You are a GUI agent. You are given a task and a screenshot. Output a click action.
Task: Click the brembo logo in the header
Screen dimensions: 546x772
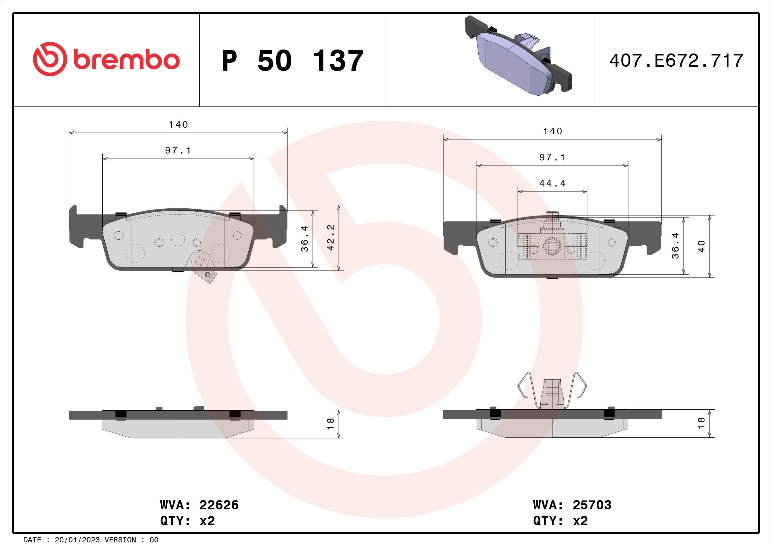point(106,59)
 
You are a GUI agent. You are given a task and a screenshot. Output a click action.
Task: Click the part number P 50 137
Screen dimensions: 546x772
point(292,61)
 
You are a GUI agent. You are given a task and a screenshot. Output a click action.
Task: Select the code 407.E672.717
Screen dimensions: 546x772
point(676,61)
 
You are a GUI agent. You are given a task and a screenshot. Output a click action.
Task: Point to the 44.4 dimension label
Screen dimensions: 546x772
point(553,184)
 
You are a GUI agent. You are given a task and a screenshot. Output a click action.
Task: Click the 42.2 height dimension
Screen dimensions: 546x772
point(331,237)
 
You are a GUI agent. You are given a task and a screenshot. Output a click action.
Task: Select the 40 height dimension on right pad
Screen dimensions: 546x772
point(701,247)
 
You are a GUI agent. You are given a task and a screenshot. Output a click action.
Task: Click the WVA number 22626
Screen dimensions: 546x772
point(219,505)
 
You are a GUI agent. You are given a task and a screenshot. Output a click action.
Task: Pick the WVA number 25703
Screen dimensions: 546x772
point(592,505)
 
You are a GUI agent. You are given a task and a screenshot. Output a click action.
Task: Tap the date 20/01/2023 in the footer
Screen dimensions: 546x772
point(77,540)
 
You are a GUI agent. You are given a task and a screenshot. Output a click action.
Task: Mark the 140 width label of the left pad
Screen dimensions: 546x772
point(178,125)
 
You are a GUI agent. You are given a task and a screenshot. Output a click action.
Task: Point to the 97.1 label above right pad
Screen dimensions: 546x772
point(552,157)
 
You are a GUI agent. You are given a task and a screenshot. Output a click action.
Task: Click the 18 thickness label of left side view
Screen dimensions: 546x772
point(330,424)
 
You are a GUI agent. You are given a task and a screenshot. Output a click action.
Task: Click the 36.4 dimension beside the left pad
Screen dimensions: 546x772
point(305,239)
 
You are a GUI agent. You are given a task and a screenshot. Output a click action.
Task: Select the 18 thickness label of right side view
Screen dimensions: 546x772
point(701,423)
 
